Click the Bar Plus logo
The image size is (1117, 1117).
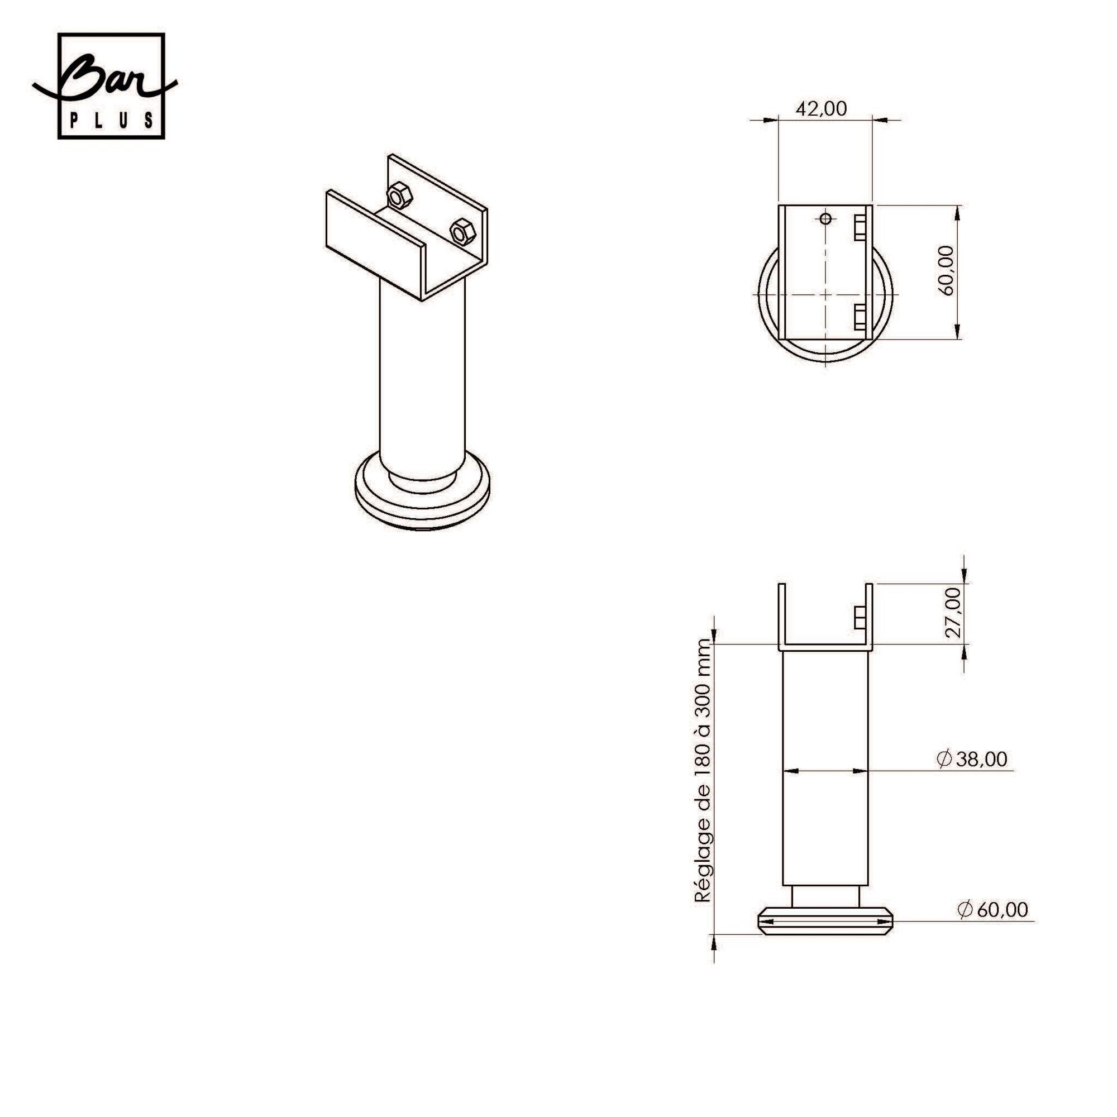(104, 85)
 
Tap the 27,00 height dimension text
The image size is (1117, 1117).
(954, 613)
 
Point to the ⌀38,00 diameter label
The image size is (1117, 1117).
(972, 759)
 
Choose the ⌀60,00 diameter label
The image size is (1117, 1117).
(993, 909)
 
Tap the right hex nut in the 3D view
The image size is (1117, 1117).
(462, 232)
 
